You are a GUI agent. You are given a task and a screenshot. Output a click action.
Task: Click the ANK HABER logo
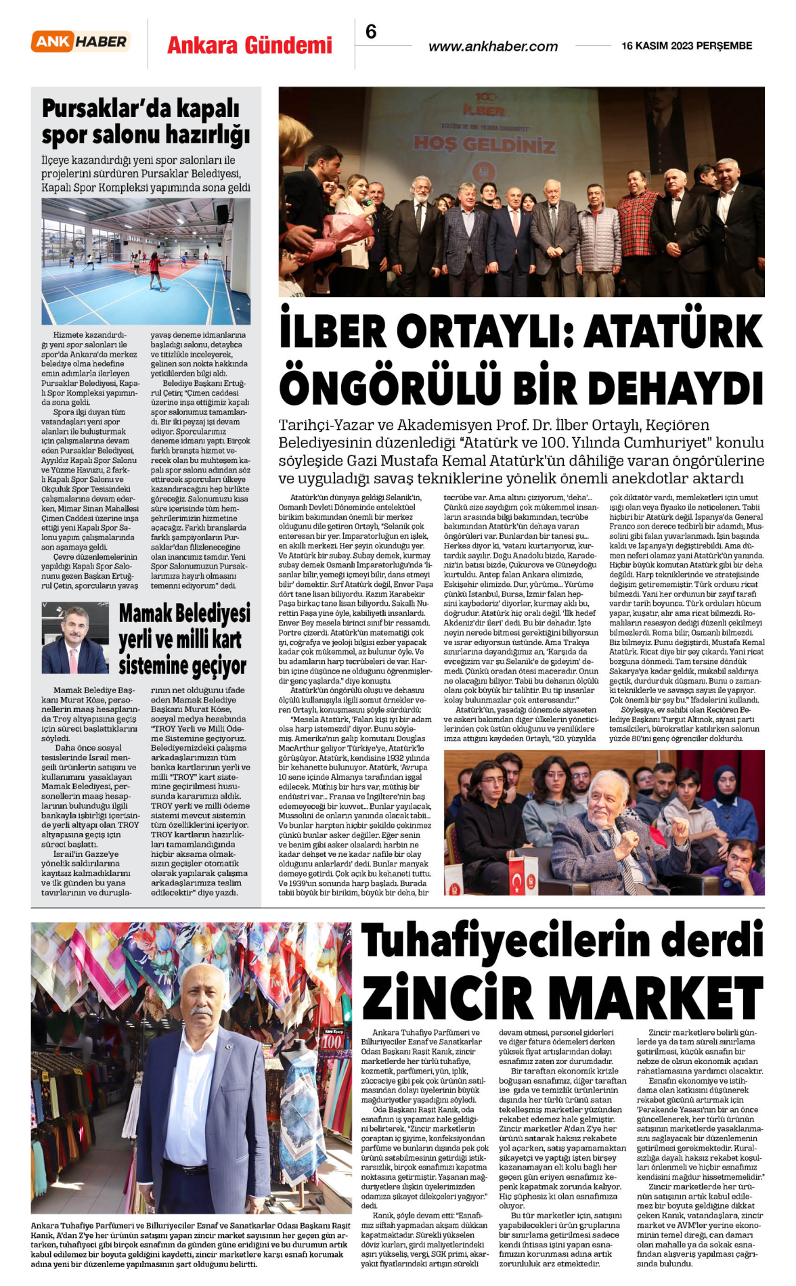pyautogui.click(x=81, y=42)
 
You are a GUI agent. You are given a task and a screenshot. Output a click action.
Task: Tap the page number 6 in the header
pyautogui.click(x=371, y=32)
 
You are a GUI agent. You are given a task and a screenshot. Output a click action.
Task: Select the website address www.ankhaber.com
pyautogui.click(x=493, y=47)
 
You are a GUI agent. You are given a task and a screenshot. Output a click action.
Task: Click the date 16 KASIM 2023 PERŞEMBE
pyautogui.click(x=686, y=46)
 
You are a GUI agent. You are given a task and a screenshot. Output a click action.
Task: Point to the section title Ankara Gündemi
pyautogui.click(x=250, y=45)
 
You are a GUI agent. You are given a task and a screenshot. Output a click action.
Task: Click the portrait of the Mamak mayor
pyautogui.click(x=74, y=639)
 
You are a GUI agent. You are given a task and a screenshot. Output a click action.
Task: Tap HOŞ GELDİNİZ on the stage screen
pyautogui.click(x=484, y=143)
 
